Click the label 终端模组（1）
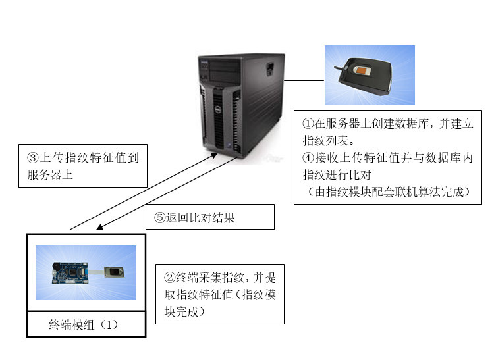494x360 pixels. point(86,325)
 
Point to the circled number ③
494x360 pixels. point(34,158)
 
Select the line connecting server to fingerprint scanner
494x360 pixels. point(304,81)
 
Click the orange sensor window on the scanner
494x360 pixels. point(362,69)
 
